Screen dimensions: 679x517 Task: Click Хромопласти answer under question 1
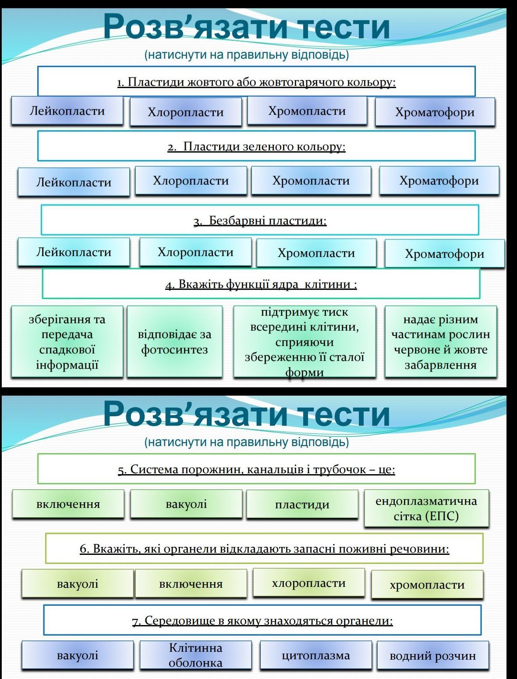coord(307,111)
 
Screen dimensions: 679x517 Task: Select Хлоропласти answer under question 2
coord(191,180)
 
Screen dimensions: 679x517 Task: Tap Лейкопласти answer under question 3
coord(74,252)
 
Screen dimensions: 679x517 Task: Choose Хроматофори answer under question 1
coord(435,112)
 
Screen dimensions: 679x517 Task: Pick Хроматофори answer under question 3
coord(444,254)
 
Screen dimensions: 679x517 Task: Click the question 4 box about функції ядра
coord(261,284)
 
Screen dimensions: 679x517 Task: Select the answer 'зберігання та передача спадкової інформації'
coord(67,342)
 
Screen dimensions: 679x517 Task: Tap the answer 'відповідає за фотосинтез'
coord(174,342)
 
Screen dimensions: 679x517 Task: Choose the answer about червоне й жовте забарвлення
coord(440,342)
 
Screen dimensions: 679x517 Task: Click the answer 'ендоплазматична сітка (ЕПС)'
coord(426,508)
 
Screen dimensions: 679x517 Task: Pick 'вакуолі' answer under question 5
coord(186,504)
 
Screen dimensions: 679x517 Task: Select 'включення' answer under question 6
coord(191,584)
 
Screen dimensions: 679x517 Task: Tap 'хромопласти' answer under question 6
coord(427,584)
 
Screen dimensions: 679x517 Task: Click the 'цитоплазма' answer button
coord(315,655)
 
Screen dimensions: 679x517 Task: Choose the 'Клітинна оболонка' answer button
coord(195,655)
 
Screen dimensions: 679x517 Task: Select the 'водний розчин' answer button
coord(432,656)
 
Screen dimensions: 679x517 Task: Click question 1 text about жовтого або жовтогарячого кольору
coord(256,82)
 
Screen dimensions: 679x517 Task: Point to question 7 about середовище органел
coord(262,620)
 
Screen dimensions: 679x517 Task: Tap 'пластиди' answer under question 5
coord(302,504)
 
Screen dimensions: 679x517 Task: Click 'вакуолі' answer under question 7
coord(78,655)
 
